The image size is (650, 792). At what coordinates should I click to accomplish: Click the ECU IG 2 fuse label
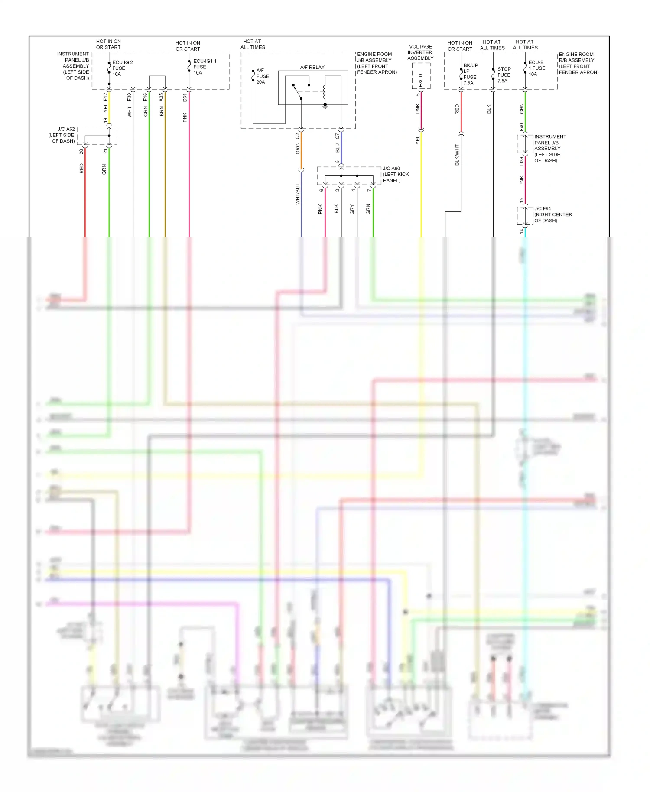[x=122, y=68]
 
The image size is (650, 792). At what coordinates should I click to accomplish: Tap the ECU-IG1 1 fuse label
[x=205, y=67]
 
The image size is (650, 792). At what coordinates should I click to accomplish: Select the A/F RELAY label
[x=312, y=67]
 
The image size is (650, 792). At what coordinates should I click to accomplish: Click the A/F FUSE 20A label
[x=263, y=76]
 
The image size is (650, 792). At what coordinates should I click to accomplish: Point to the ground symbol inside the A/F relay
[x=325, y=105]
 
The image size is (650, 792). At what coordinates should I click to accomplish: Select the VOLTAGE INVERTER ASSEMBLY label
[x=420, y=52]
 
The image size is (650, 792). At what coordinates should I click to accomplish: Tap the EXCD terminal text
[x=420, y=80]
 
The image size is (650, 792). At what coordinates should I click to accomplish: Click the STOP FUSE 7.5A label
[x=504, y=75]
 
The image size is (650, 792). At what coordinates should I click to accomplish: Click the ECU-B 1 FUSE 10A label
[x=536, y=68]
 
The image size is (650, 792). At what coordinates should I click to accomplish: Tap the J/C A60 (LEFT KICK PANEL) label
[x=396, y=174]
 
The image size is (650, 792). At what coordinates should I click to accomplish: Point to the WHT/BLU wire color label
[x=298, y=194]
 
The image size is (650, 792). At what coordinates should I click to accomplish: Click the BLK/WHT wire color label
[x=457, y=155]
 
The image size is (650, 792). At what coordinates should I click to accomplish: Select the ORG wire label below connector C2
[x=298, y=149]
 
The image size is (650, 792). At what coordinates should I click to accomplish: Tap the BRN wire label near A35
[x=162, y=111]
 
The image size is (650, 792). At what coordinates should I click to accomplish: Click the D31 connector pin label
[x=185, y=97]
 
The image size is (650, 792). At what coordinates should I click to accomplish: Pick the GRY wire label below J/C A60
[x=352, y=209]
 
